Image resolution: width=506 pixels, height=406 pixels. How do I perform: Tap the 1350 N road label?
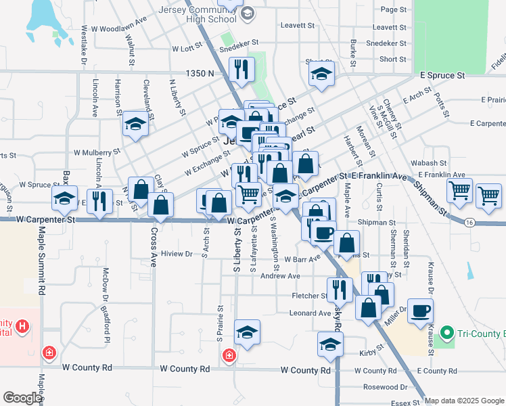(x=201, y=73)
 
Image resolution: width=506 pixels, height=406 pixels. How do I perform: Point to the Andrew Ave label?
(x=280, y=276)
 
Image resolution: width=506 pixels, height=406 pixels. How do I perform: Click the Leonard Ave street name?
(x=310, y=313)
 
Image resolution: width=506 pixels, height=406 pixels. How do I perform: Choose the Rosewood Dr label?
(x=385, y=388)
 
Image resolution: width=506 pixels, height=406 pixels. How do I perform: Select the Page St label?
(x=394, y=9)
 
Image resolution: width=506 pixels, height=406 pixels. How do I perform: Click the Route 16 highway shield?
(x=469, y=221)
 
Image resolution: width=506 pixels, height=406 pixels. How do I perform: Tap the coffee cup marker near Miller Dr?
(x=420, y=310)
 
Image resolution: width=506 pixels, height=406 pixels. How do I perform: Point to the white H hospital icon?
(x=23, y=328)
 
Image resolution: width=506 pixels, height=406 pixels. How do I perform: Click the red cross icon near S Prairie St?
(x=230, y=355)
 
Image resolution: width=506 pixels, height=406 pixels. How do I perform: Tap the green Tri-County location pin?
(x=446, y=333)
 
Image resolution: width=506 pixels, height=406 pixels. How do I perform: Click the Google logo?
(x=22, y=398)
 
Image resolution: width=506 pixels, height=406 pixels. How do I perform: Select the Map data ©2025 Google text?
(x=465, y=401)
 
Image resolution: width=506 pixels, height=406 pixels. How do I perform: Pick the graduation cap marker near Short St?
(x=322, y=72)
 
